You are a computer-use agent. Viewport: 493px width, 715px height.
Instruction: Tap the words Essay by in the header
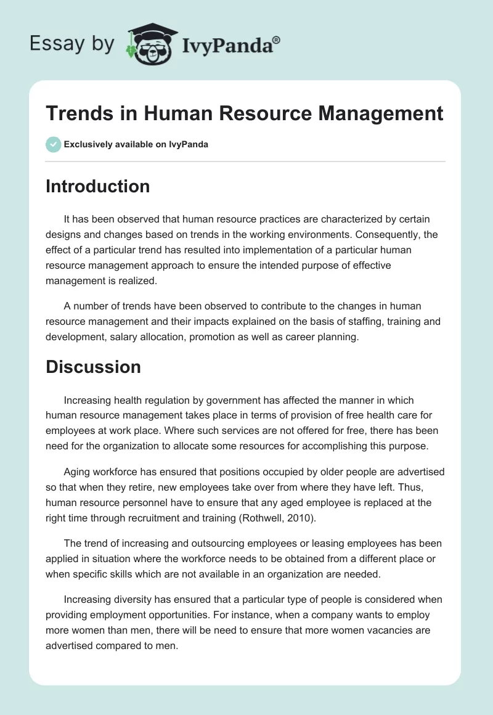(x=72, y=44)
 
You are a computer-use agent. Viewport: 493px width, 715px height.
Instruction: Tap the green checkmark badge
(x=52, y=144)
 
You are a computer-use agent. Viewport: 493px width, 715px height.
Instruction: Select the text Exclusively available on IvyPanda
(x=136, y=145)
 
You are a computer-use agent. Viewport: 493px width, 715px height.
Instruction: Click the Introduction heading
(x=97, y=186)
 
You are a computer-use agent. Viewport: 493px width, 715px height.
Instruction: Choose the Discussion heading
(x=93, y=367)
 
